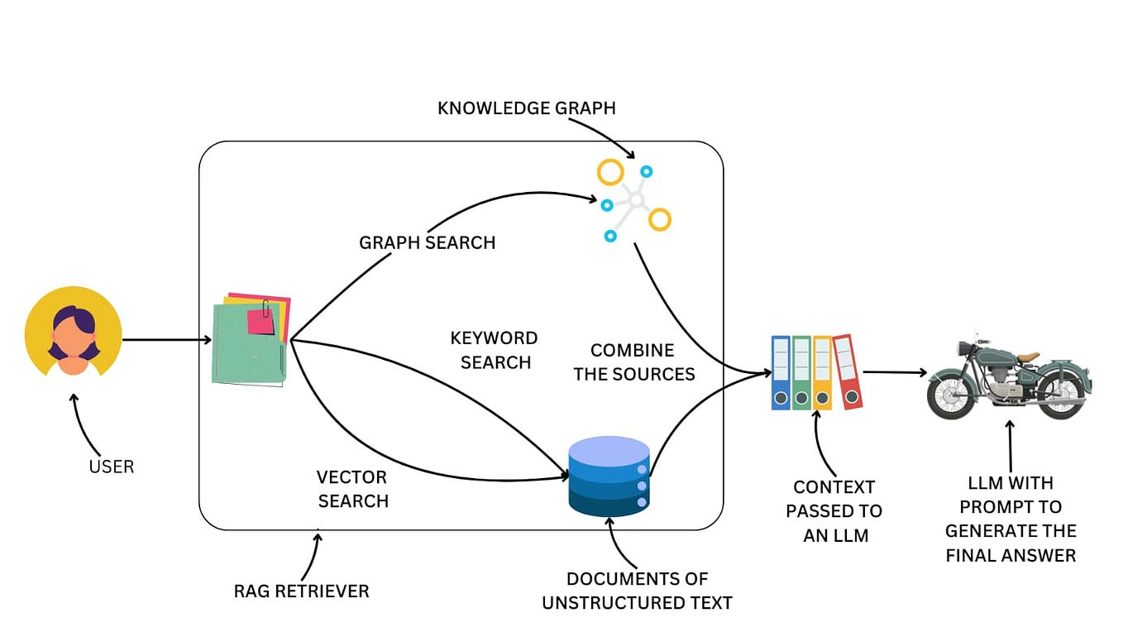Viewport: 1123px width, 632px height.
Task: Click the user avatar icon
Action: (74, 335)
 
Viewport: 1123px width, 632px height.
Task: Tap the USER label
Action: (111, 467)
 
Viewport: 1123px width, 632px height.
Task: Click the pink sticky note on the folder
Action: (261, 321)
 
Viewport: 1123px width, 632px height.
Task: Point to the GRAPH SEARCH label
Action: (427, 242)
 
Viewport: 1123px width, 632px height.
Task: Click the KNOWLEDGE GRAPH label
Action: (526, 108)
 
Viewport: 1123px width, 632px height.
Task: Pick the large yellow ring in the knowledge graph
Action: (610, 173)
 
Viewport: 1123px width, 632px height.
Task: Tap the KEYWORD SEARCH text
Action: (495, 350)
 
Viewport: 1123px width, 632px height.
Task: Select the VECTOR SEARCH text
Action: (352, 489)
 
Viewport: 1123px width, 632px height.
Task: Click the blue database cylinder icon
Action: (609, 476)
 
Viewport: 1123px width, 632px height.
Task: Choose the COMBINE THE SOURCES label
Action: (633, 362)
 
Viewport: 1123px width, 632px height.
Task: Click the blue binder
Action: (781, 372)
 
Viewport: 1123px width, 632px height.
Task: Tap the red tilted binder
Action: (848, 371)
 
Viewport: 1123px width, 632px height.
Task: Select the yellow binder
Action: (822, 372)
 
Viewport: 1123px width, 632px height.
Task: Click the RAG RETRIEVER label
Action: (301, 591)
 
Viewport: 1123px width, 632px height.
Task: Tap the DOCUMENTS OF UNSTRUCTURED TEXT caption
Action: (637, 591)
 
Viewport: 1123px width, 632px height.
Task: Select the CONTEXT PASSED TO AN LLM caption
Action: (834, 511)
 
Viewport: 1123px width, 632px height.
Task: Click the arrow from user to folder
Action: (165, 340)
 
